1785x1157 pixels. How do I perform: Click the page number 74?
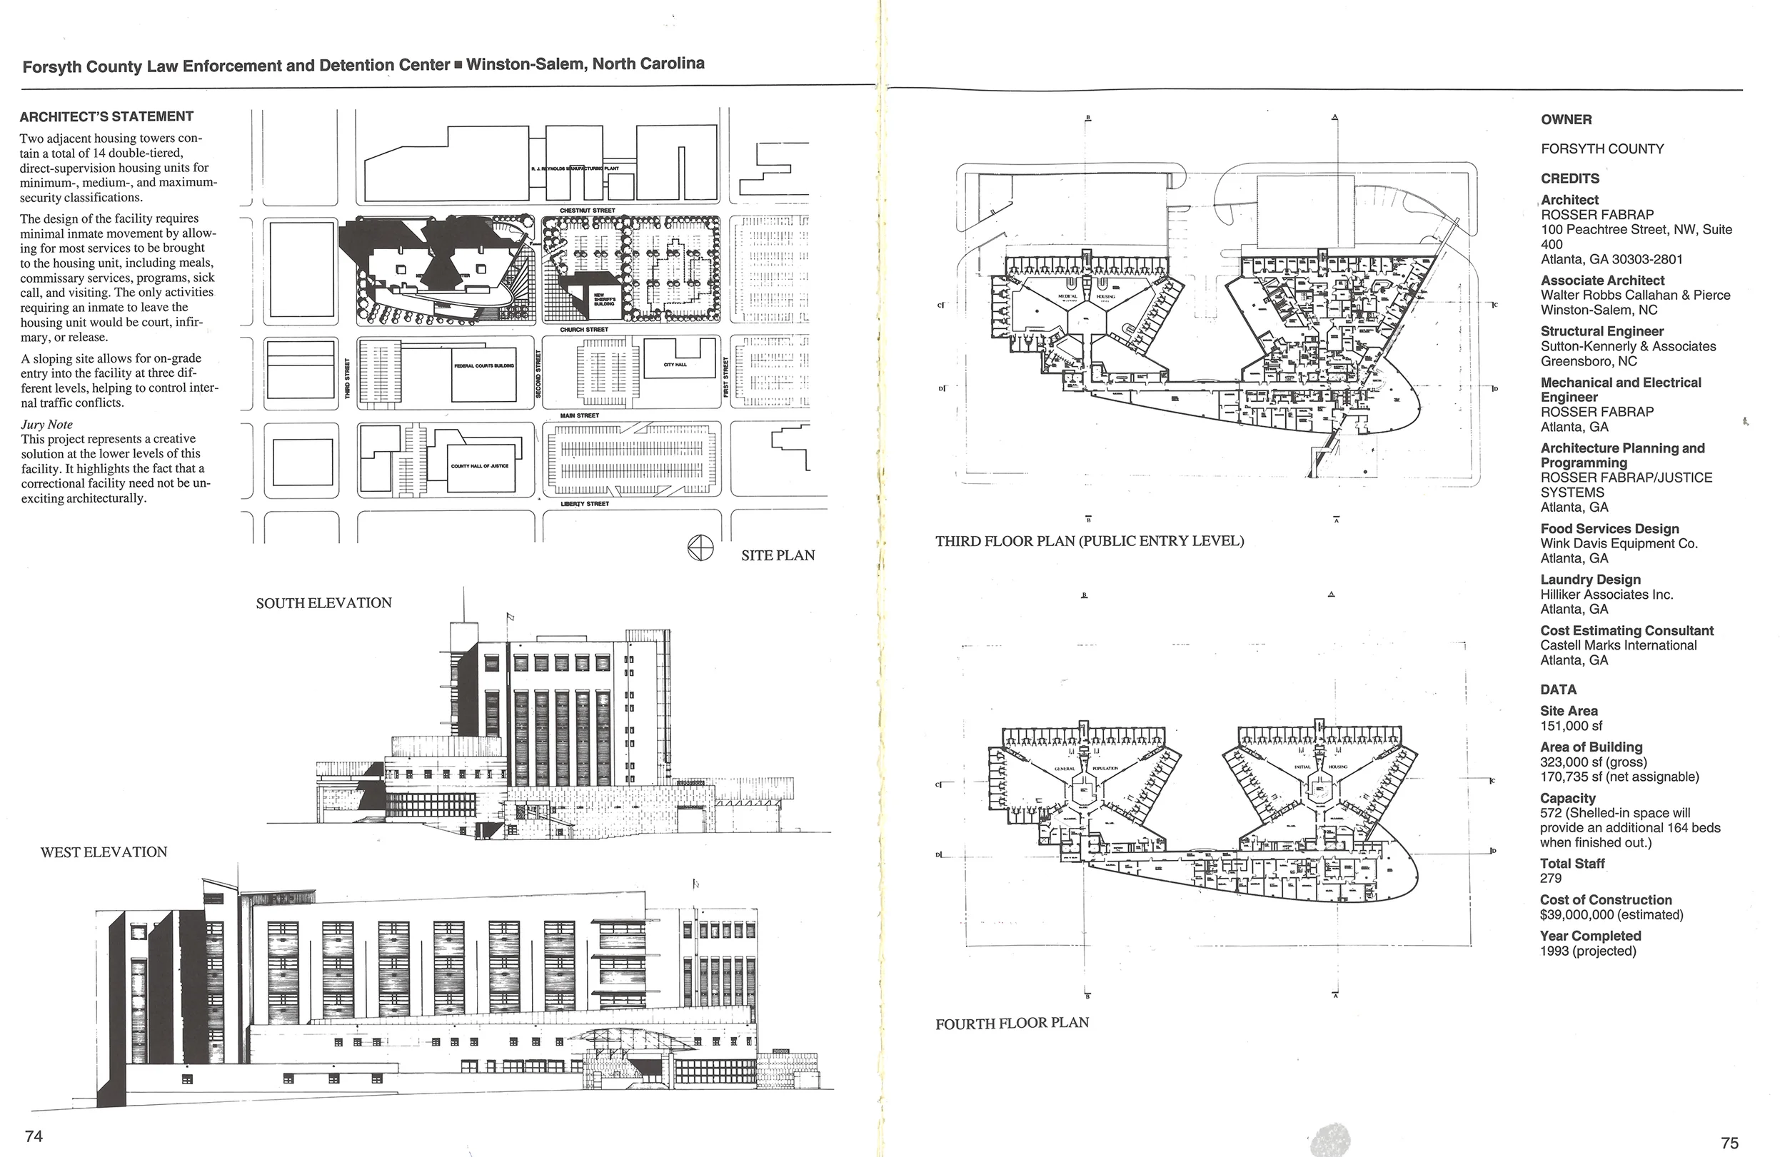point(34,1136)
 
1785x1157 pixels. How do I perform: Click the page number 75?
point(1729,1143)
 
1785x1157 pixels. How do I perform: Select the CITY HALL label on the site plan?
point(674,365)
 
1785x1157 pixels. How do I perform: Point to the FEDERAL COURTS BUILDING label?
point(483,366)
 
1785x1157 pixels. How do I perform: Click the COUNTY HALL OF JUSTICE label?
point(479,465)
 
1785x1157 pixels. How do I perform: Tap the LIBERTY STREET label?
point(584,504)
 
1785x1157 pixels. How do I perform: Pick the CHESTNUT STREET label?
point(587,211)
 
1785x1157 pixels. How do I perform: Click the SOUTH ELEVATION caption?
point(323,603)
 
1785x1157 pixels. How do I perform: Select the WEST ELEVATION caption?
point(104,852)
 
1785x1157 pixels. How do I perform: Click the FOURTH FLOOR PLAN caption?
point(1012,1023)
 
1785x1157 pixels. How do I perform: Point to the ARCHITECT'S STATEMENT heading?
point(106,116)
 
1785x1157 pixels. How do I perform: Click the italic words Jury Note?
point(46,425)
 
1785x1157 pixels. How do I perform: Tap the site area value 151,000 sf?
point(1571,726)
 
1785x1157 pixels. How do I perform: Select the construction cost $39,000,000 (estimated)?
point(1611,915)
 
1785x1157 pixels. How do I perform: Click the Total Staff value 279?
point(1550,878)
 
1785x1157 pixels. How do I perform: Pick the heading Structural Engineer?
point(1602,331)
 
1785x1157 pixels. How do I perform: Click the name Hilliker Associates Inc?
point(1606,595)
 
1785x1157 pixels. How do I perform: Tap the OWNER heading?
point(1566,119)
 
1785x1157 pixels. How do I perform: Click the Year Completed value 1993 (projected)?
point(1588,951)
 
